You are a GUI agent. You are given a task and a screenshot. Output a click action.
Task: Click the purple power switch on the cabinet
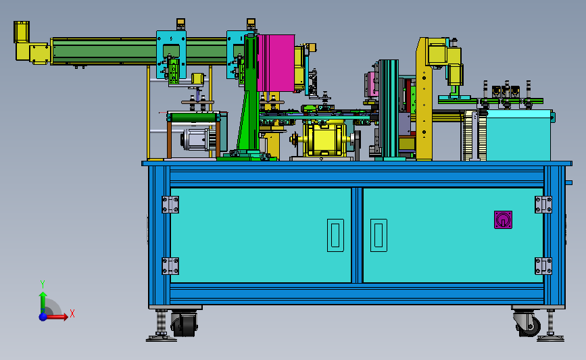tap(503, 220)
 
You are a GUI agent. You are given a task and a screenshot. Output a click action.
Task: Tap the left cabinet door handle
tap(335, 235)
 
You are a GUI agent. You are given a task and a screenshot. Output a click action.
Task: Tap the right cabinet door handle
tap(379, 235)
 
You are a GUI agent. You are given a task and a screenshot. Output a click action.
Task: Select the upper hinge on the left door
tap(170, 205)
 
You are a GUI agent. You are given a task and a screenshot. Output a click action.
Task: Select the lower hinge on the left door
tap(170, 266)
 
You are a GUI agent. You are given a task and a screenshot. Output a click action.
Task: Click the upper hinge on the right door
tap(543, 205)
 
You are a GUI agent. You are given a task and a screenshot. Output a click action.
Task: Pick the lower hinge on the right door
tap(543, 266)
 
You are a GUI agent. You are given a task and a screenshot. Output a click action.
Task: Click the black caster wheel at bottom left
tap(185, 324)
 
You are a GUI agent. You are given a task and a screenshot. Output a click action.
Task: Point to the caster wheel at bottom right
tap(527, 324)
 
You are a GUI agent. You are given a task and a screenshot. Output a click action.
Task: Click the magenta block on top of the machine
tap(276, 63)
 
